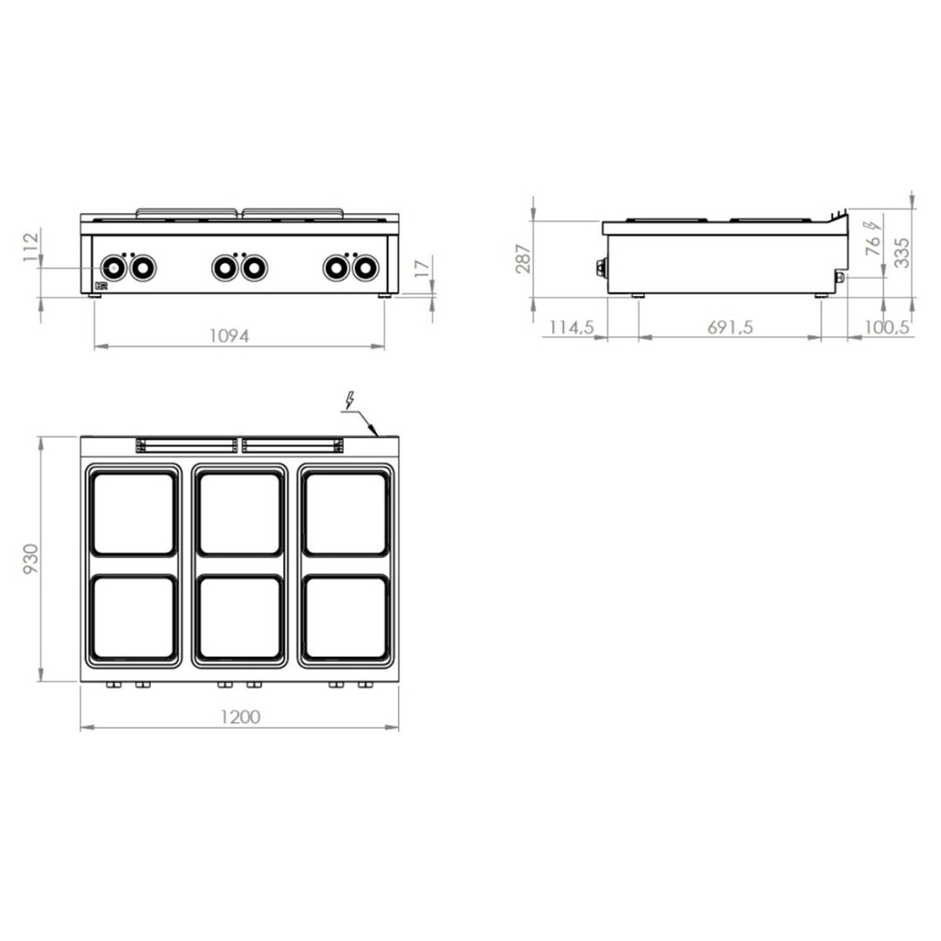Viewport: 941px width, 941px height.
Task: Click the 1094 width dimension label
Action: coord(229,336)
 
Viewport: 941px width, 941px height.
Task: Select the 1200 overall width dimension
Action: coord(241,717)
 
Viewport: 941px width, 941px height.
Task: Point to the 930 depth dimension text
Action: coord(30,560)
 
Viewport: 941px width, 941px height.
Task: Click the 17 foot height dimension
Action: coord(421,269)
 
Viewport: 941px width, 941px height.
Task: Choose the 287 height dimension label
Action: coord(523,258)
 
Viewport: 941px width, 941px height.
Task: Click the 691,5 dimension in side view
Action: coord(730,327)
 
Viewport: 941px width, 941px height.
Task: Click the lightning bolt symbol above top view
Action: coord(349,401)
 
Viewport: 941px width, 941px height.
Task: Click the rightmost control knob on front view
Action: coord(366,268)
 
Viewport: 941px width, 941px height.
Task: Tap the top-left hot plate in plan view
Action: coord(133,514)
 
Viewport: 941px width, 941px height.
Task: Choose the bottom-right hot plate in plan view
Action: coord(346,618)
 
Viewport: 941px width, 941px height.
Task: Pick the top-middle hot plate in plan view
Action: coord(240,514)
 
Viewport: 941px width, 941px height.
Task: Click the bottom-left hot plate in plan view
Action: coord(133,618)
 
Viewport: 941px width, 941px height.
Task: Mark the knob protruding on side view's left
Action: coord(601,267)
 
